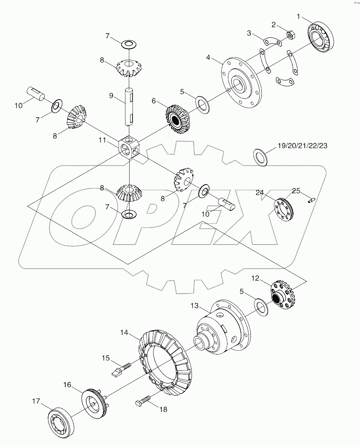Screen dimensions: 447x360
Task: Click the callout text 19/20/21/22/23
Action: (302, 146)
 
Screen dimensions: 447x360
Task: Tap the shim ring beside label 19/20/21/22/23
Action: (261, 157)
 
